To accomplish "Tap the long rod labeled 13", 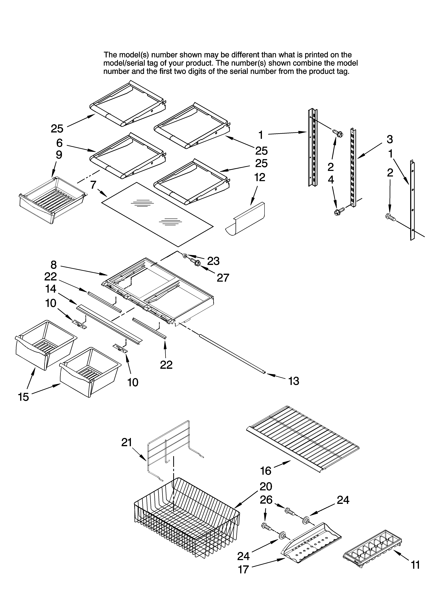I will click(x=233, y=354).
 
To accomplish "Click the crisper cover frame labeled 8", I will click(x=160, y=289).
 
